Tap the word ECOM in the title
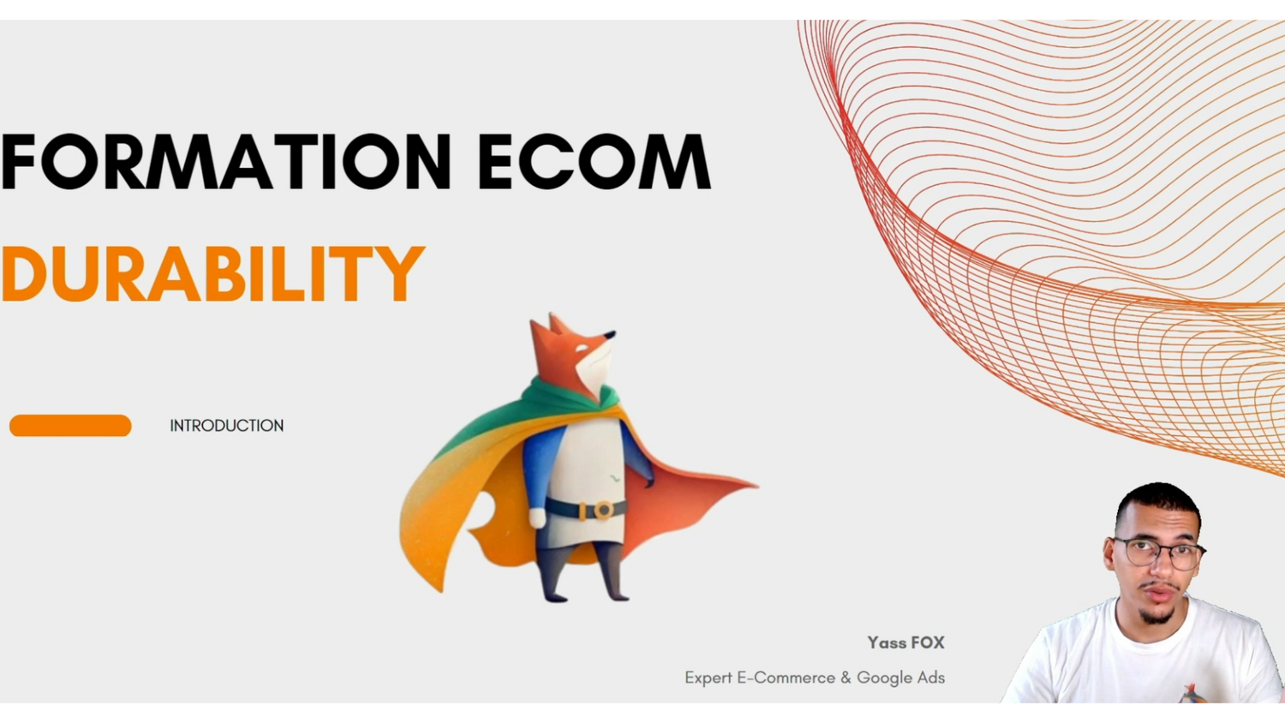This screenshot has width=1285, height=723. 595,161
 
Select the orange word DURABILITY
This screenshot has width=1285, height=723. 212,274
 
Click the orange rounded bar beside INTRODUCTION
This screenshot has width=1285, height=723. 70,425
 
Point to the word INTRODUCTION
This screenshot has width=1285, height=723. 227,426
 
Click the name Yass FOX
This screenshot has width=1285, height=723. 905,642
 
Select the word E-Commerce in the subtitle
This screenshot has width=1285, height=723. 786,678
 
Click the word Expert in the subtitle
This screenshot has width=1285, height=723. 708,678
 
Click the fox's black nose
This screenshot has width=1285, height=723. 611,334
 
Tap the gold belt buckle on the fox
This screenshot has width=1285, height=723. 602,510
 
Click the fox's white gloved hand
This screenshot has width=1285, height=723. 537,517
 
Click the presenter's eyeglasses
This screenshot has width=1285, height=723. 1159,553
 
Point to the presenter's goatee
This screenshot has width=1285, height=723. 1156,616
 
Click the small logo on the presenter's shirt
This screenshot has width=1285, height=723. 1192,692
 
